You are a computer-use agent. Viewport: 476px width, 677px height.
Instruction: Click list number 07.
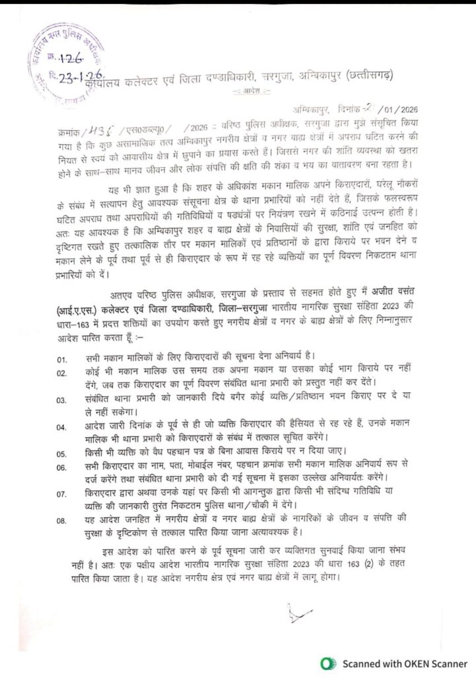pyautogui.click(x=61, y=493)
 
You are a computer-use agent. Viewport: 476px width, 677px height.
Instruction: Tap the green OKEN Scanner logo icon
pyautogui.click(x=325, y=663)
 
